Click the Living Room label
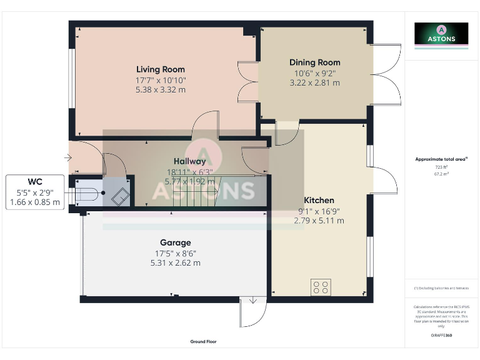161,69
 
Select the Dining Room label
314,62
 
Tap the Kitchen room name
319,200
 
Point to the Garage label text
175,242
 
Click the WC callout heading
35,182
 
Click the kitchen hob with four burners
321,287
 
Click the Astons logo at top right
441,34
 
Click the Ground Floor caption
203,342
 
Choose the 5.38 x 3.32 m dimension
161,89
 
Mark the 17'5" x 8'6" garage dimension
175,253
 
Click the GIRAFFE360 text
441,336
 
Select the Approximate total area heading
441,159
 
